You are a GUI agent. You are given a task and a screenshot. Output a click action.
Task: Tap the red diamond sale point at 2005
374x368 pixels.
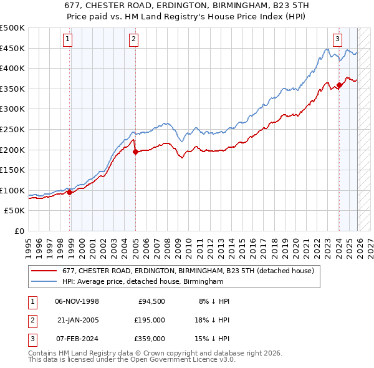click(135, 152)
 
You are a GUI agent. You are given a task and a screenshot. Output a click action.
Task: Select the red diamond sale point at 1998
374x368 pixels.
click(69, 192)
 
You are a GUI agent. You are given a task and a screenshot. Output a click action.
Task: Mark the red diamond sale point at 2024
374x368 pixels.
click(339, 85)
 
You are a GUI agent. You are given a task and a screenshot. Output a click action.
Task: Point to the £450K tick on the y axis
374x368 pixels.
click(12, 48)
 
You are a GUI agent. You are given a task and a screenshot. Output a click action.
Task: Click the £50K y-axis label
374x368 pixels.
click(15, 211)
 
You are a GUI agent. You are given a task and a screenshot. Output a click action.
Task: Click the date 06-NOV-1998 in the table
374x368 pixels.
click(77, 301)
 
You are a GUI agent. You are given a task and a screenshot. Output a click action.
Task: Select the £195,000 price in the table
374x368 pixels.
click(149, 319)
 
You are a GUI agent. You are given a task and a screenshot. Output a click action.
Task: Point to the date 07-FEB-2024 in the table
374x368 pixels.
click(77, 338)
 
